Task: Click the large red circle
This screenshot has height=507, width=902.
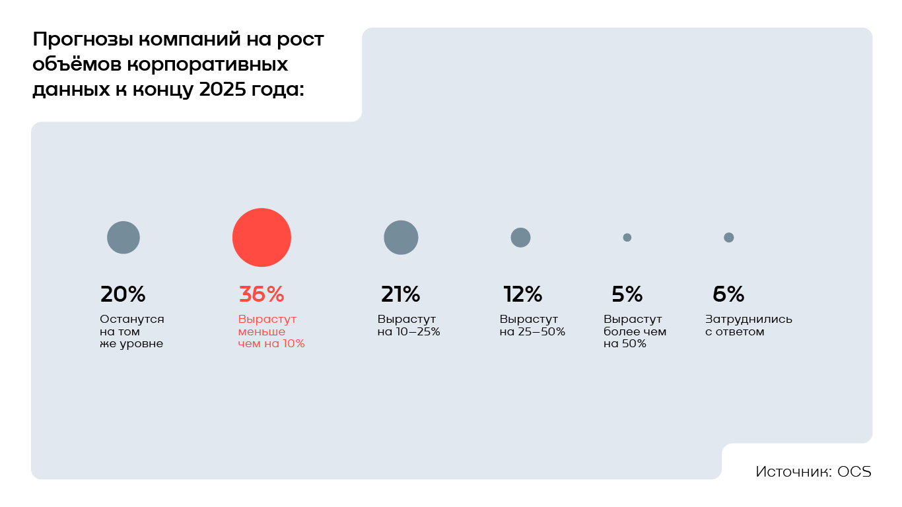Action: coord(261,238)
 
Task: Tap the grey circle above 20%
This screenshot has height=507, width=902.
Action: coord(123,238)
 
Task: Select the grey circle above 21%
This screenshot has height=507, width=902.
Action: coord(401,238)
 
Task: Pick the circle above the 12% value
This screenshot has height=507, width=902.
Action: coord(520,238)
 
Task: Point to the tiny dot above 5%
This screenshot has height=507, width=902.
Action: coord(627,238)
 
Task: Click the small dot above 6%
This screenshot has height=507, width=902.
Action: coord(728,238)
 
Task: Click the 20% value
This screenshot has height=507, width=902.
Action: coord(123,294)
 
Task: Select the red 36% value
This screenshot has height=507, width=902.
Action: coord(261,294)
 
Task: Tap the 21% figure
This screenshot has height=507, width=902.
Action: coord(400,294)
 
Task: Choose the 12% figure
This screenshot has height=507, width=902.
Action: coord(522,294)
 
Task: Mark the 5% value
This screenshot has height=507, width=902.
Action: coord(627,294)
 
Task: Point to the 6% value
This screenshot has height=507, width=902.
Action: coord(728,294)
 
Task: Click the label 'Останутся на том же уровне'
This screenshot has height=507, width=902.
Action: coord(131,331)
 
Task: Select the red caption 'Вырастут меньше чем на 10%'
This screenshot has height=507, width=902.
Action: coord(271,331)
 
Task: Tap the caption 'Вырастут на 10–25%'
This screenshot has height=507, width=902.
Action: coord(408,325)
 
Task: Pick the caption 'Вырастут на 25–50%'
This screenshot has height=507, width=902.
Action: coord(532,325)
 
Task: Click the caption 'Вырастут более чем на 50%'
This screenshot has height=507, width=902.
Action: coord(635,331)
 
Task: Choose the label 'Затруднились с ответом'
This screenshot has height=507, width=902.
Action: coord(748,325)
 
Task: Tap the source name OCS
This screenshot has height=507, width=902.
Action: coord(854,472)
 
